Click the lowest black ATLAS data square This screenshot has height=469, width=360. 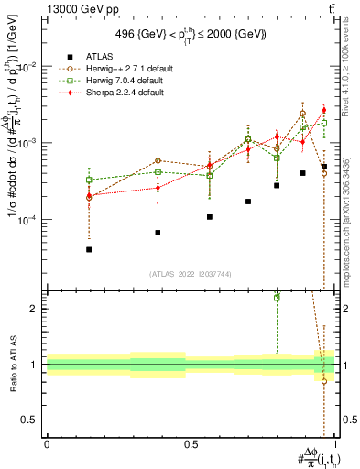(x=89, y=249)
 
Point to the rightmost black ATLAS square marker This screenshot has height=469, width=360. (x=324, y=167)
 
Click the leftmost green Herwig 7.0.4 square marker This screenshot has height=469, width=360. (x=89, y=180)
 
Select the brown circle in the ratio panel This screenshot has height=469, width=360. (x=324, y=381)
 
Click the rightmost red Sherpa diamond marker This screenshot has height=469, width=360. (x=324, y=136)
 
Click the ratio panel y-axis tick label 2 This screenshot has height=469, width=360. (x=34, y=309)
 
